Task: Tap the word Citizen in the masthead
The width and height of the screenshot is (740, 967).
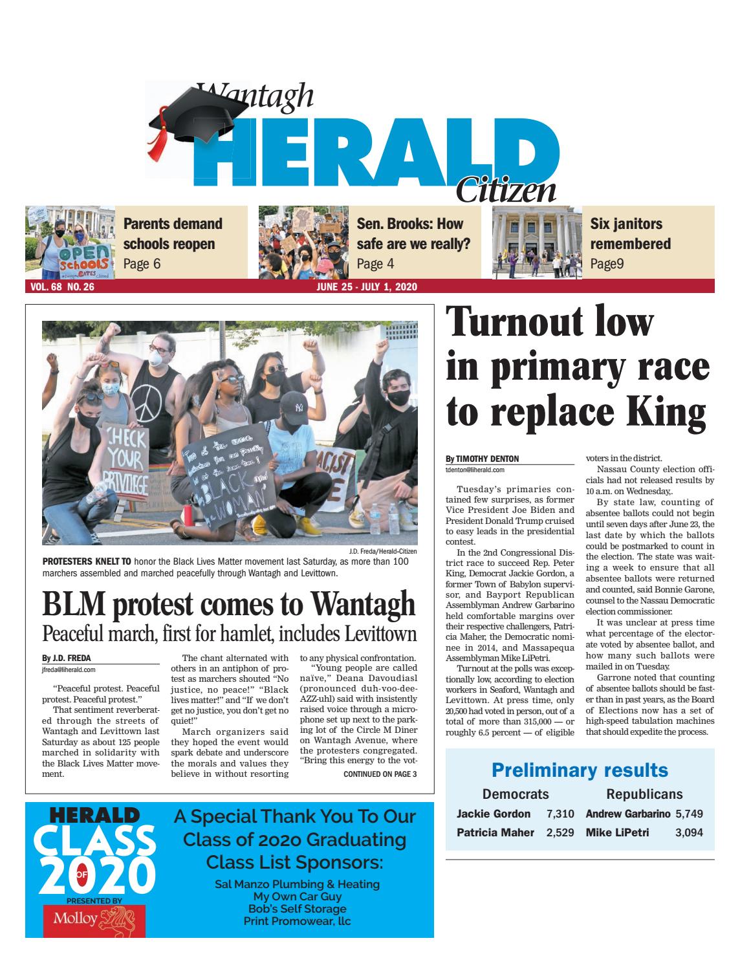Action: point(505,190)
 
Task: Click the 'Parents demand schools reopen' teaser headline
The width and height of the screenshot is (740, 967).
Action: point(172,234)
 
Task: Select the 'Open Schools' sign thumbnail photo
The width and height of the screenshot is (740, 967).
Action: point(70,242)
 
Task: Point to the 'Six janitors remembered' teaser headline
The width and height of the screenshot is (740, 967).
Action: point(630,234)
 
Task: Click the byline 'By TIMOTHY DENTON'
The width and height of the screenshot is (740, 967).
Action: point(482,459)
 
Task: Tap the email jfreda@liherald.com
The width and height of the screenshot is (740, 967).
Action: point(69,670)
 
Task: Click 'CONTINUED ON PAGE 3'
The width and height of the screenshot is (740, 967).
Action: point(380,774)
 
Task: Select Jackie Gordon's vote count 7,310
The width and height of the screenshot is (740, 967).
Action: point(560,814)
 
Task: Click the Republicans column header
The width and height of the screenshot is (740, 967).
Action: point(644,794)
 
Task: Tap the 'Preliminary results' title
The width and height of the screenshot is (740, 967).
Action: point(580,770)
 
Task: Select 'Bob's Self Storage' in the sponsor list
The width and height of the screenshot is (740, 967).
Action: point(297,909)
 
